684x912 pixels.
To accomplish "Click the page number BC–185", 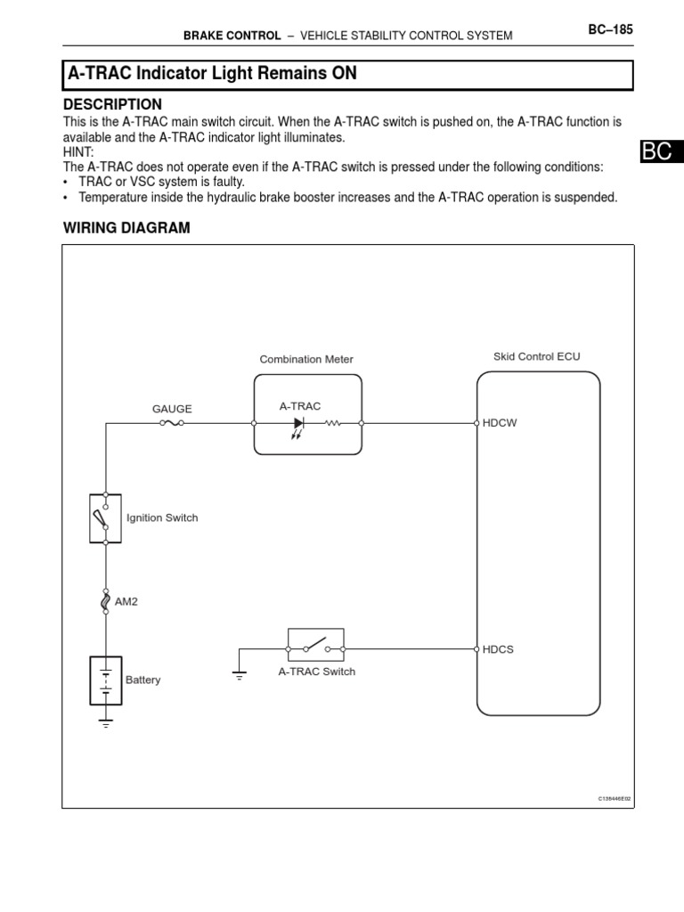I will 610,29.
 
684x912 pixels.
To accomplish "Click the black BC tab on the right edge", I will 660,151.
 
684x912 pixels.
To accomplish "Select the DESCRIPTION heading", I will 112,104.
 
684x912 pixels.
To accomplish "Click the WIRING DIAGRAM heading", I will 126,228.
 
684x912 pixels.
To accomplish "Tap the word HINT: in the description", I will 78,152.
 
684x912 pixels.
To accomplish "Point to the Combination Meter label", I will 306,360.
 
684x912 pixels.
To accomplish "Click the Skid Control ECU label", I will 536,356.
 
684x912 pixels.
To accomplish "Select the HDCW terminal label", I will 499,424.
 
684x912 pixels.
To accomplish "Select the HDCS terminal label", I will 498,649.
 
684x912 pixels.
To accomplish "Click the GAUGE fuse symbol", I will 172,424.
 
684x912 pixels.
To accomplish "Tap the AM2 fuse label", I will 126,602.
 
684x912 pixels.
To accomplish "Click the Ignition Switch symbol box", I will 106,518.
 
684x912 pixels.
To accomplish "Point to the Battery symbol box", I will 106,680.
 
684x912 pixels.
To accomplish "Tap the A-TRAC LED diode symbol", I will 298,424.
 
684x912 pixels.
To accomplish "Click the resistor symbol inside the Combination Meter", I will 334,424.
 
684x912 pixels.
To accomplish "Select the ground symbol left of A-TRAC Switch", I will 239,674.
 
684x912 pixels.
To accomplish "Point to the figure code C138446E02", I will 615,799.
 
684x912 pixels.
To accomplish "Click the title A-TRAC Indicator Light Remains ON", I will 212,74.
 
